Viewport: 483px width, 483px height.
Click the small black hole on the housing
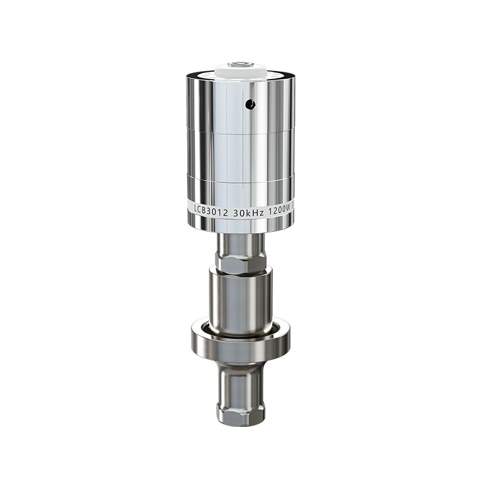pyautogui.click(x=250, y=104)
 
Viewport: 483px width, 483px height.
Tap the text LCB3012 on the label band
pyautogui.click(x=211, y=208)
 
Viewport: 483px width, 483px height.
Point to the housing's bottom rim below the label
pyautogui.click(x=240, y=226)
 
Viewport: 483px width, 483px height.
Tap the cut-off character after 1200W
pyautogui.click(x=292, y=205)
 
